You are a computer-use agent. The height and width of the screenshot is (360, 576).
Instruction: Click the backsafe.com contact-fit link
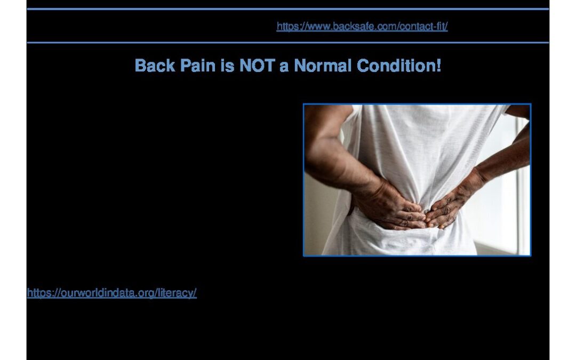(x=362, y=27)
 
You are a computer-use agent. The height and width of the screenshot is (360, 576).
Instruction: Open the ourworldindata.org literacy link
(x=111, y=293)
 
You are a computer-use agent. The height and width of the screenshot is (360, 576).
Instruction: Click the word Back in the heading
(x=155, y=66)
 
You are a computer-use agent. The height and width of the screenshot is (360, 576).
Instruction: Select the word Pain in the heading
(x=198, y=66)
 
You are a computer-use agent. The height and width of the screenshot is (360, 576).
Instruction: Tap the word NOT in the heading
(x=257, y=66)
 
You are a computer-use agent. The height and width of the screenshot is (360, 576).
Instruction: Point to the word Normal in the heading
(x=323, y=66)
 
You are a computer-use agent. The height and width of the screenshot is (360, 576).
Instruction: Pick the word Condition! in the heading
(x=399, y=66)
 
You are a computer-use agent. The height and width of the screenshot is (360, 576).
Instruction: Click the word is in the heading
(x=227, y=66)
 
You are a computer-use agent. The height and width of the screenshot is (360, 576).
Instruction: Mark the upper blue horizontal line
(x=288, y=9)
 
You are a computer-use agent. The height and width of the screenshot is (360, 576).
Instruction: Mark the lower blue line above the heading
(x=288, y=43)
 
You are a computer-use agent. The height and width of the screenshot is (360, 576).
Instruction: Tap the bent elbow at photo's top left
(x=311, y=121)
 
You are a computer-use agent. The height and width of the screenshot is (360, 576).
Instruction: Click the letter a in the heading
(x=284, y=67)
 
